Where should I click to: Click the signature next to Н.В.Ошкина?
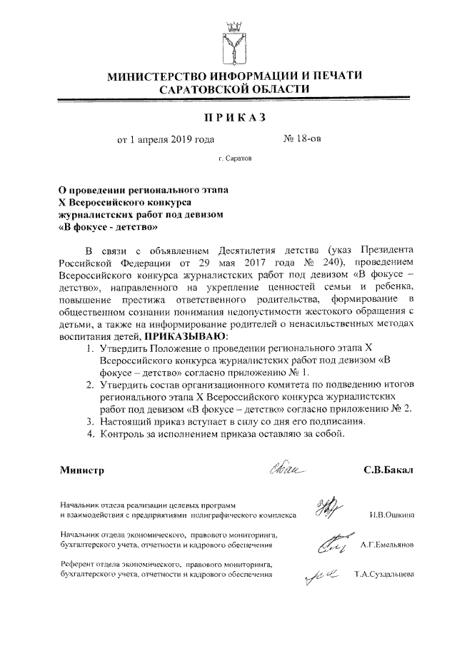pyautogui.click(x=327, y=507)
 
